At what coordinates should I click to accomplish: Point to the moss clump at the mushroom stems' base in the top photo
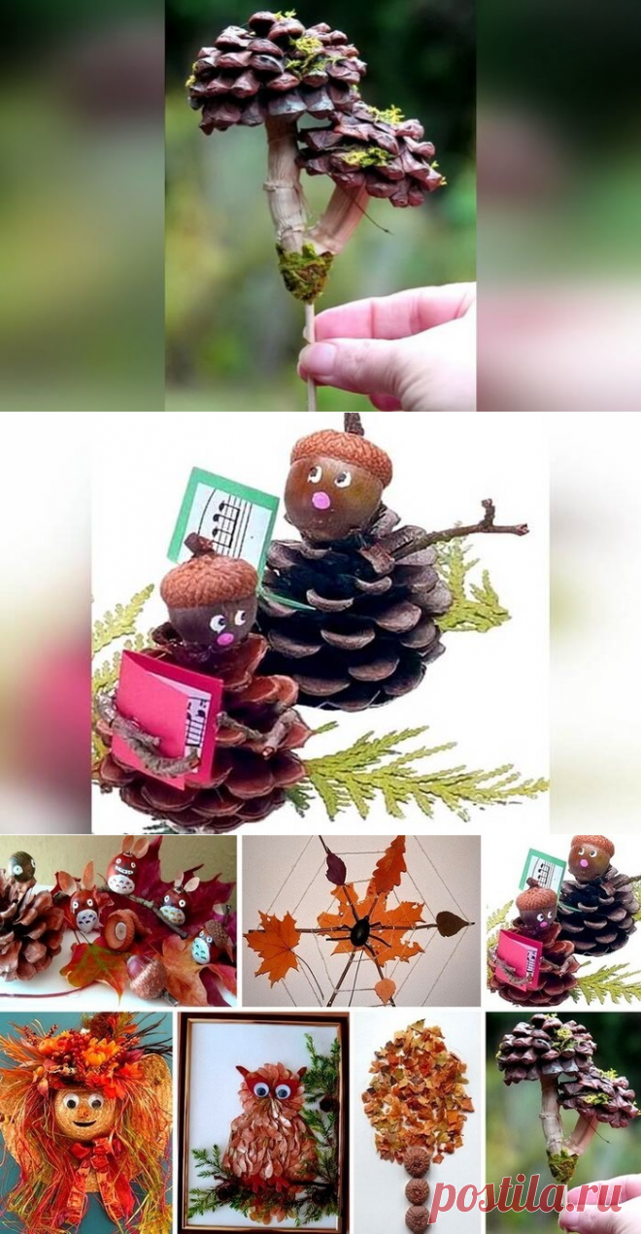[304, 272]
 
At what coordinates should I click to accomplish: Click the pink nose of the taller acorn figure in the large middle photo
[321, 500]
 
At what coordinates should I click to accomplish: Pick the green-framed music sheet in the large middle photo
[231, 514]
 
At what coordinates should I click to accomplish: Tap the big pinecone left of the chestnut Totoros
[27, 917]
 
